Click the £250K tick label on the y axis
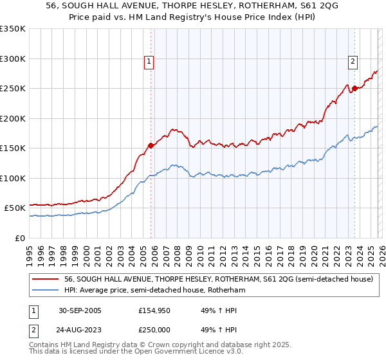pos(13,89)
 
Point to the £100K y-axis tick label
pos(13,178)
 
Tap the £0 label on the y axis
pos(20,238)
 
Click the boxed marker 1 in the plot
pos(149,62)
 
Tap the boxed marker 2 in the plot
pos(353,62)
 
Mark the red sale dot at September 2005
pos(151,146)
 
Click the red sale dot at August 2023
pos(354,89)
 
